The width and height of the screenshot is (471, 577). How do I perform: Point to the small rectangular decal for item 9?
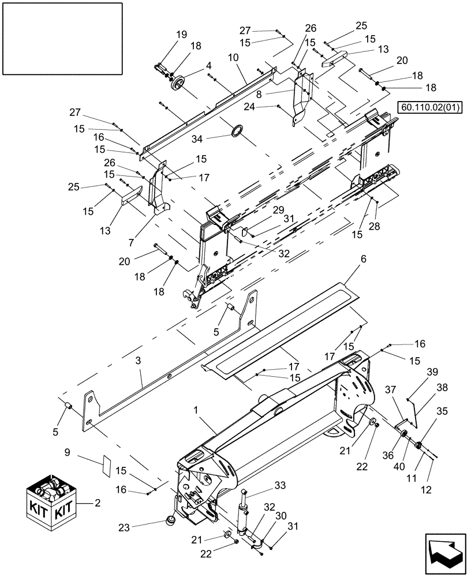(x=106, y=463)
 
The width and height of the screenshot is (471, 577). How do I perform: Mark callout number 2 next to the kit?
(x=97, y=503)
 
